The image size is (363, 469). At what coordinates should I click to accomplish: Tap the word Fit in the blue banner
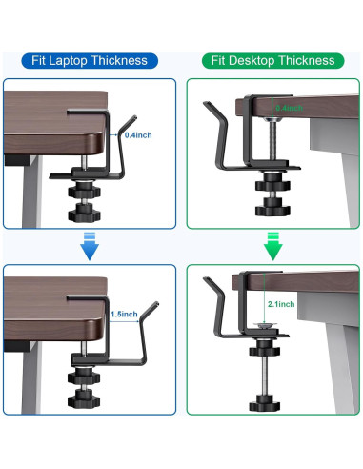coord(37,61)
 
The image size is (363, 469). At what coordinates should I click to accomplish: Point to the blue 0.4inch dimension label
coord(139,135)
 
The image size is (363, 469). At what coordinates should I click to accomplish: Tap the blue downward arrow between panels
coord(88,243)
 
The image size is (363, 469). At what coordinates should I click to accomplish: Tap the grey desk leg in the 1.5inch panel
coord(33,381)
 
